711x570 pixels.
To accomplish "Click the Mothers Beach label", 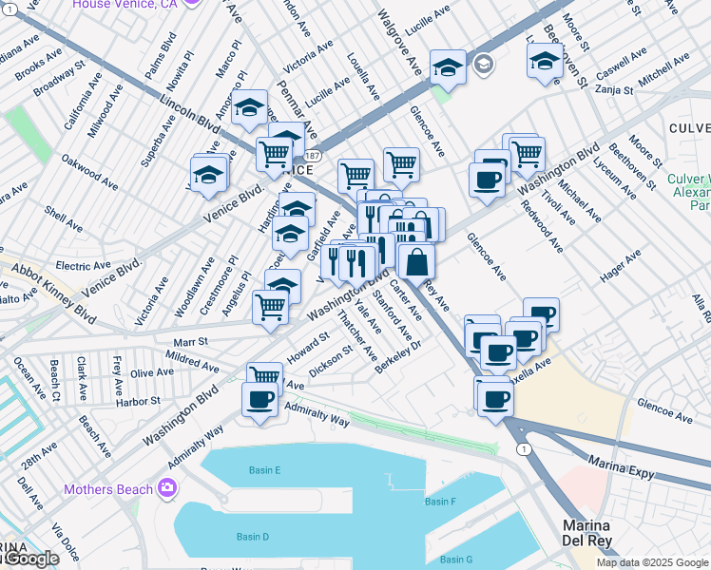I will point(107,489).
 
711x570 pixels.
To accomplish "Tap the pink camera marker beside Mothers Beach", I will point(167,488).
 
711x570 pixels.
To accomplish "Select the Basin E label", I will point(264,470).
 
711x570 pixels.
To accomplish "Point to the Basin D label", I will point(252,537).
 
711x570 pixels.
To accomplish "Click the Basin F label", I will point(440,502).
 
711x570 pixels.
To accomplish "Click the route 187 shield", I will point(314,154).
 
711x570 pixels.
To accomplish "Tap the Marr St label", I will point(190,341).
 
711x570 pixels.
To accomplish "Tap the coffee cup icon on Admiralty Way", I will point(259,401).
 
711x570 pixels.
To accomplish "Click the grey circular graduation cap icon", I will point(484,65).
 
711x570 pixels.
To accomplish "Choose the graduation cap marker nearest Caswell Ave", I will point(546,63).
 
